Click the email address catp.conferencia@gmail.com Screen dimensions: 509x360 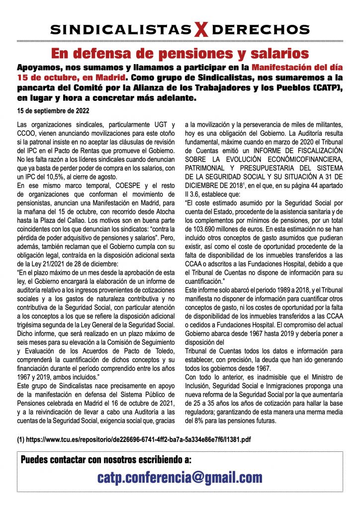(x=180, y=478)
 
